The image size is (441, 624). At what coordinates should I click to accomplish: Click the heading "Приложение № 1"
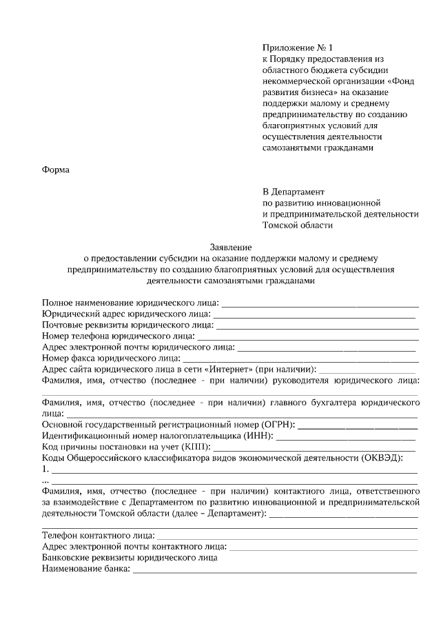pos(297,48)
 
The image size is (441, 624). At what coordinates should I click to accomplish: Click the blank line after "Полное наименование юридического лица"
pos(320,304)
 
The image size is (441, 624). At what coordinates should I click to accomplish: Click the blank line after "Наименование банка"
pos(275,572)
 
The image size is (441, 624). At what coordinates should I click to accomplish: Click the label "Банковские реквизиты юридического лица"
pos(130,558)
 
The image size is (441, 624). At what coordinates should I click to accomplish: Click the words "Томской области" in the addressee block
pos(297,225)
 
